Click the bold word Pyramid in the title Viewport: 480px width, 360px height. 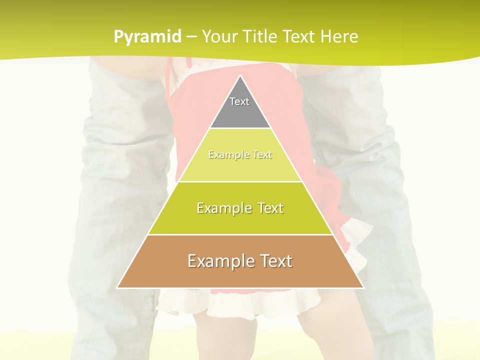147,37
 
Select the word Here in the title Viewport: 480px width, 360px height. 339,37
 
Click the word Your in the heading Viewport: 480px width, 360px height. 219,37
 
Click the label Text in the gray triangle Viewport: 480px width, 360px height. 239,101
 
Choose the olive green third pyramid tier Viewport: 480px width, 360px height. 240,220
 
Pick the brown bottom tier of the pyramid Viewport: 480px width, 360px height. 240,275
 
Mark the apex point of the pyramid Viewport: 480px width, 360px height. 240,76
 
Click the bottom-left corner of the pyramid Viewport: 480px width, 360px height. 117,287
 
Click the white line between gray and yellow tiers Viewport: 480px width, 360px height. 240,128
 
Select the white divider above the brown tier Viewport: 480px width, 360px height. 240,234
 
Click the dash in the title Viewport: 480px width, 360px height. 191,37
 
